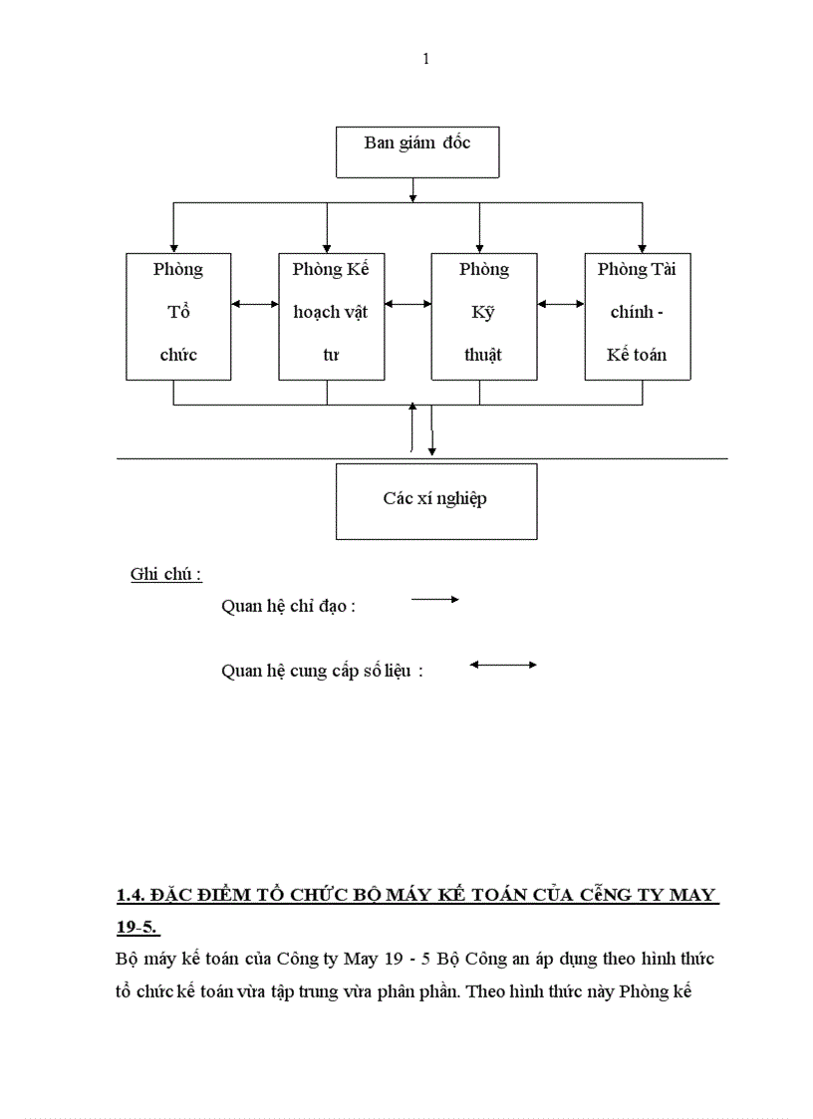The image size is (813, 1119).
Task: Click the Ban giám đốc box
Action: click(416, 152)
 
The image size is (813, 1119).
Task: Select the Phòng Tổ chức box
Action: click(178, 316)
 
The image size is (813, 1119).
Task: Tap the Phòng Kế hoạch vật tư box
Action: click(331, 316)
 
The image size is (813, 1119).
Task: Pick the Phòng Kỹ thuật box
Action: click(483, 316)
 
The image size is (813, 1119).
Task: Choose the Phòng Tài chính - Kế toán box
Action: click(638, 316)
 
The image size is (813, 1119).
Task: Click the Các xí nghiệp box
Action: click(435, 500)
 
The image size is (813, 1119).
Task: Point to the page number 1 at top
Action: click(426, 59)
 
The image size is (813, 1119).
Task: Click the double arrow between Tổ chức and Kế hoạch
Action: click(255, 304)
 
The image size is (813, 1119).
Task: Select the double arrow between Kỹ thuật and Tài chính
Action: click(561, 304)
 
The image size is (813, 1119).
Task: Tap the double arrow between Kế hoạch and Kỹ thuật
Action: click(407, 304)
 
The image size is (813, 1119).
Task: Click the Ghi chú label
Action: click(166, 575)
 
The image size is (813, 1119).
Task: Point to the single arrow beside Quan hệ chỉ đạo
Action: click(434, 599)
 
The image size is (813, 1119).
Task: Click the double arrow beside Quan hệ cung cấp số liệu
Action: click(503, 665)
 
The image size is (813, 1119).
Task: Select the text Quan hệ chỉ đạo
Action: click(288, 606)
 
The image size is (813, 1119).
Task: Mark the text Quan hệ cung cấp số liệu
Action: click(322, 672)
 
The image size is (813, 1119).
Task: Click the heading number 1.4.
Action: click(132, 894)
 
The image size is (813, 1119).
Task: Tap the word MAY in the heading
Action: click(692, 894)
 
